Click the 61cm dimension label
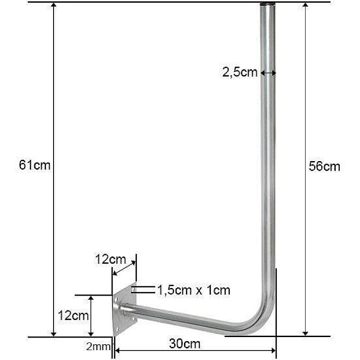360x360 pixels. [35, 166]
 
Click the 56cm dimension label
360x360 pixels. [324, 166]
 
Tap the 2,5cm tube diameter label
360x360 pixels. [240, 72]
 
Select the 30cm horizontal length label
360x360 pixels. [185, 344]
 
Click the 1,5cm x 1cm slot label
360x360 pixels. [193, 291]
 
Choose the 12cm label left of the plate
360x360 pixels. [73, 315]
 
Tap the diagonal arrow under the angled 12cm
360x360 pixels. [123, 269]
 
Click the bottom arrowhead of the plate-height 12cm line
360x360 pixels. [91, 333]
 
